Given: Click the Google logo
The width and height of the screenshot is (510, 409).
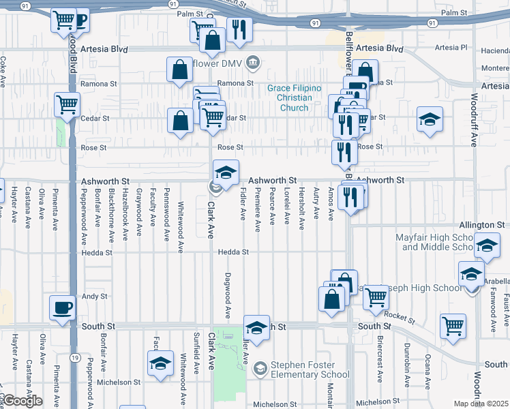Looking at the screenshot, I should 22,400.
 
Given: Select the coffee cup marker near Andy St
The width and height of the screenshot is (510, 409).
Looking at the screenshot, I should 63,307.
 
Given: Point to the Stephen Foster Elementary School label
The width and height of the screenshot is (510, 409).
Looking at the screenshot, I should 310,369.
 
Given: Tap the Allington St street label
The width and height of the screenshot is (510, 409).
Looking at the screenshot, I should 481,224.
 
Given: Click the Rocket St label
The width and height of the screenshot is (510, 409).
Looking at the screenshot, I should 399,314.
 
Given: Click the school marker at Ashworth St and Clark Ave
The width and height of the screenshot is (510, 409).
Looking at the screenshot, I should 226,172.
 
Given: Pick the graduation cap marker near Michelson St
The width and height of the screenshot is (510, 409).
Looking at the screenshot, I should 161,362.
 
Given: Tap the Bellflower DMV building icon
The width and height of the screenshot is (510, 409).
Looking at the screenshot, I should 253,63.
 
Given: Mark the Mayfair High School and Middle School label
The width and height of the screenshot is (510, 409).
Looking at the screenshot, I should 435,242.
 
